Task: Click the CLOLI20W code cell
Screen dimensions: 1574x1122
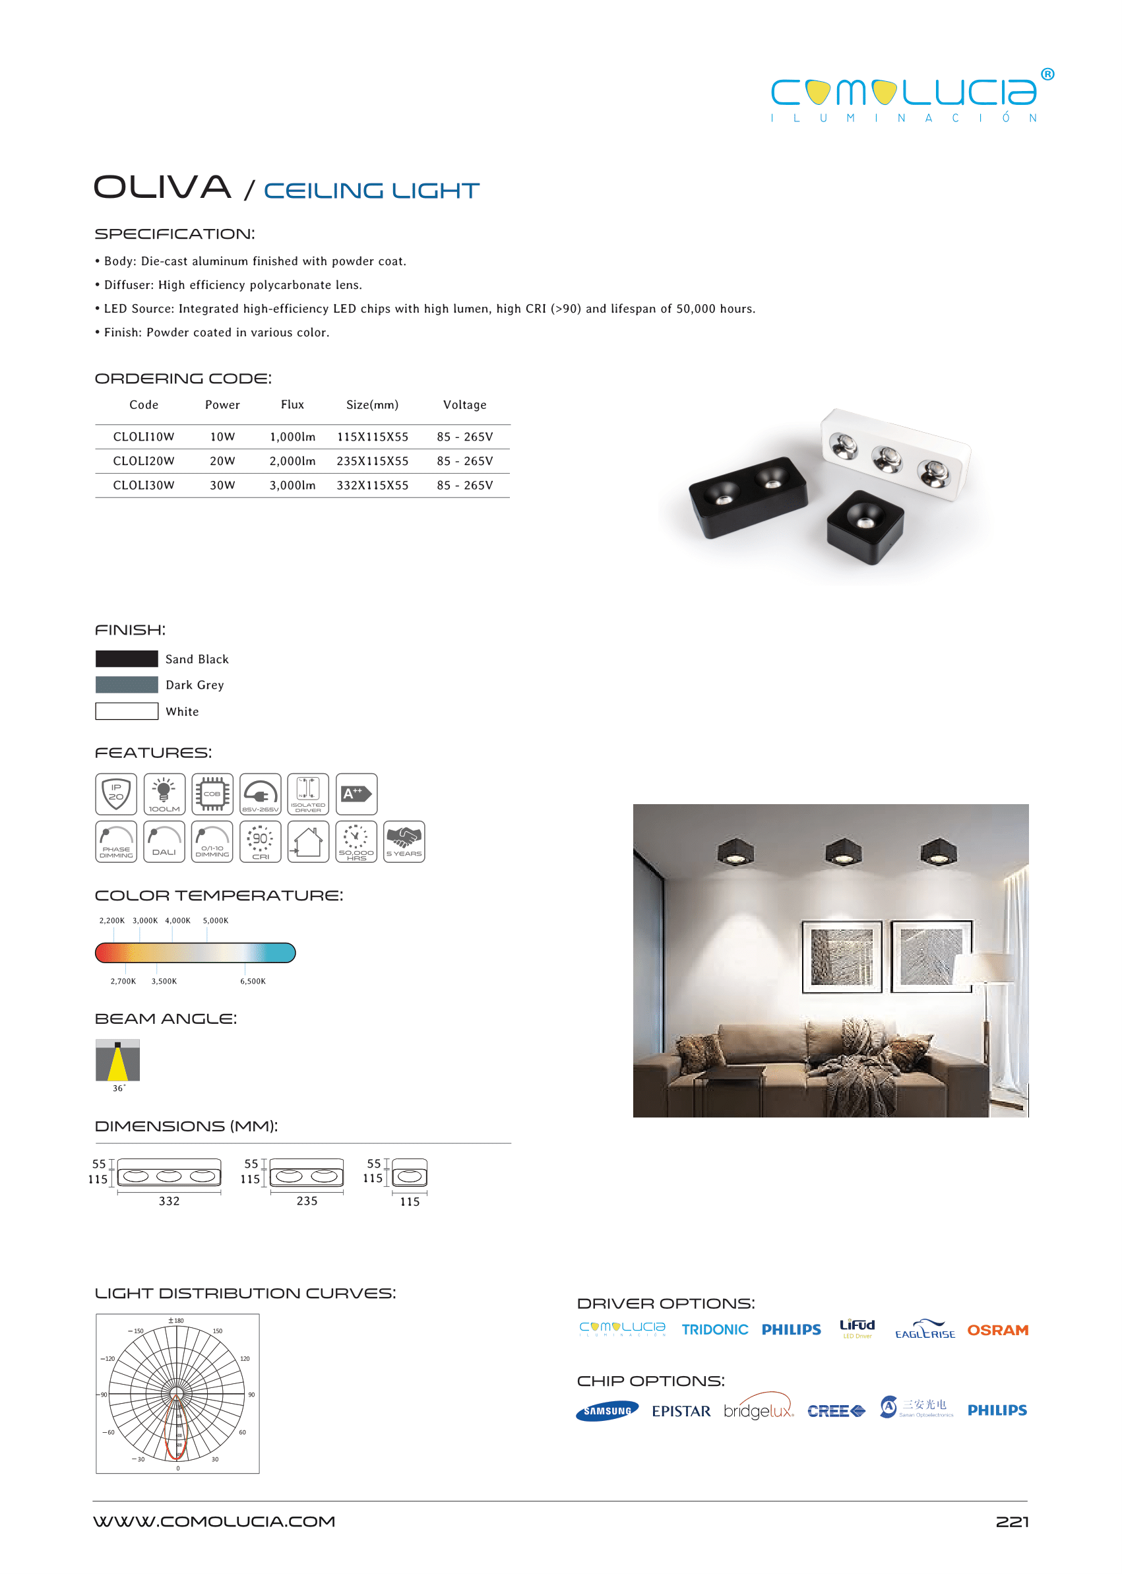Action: click(x=144, y=461)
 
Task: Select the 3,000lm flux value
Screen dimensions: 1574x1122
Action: click(x=292, y=485)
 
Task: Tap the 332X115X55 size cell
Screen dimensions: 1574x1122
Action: click(x=373, y=485)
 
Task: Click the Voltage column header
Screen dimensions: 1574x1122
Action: click(x=464, y=405)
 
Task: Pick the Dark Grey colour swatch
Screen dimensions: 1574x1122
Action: click(x=127, y=685)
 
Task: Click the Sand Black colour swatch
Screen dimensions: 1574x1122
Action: click(x=127, y=658)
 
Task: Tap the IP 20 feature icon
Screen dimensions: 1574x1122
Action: click(x=116, y=794)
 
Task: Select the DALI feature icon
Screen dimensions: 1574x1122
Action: click(x=164, y=842)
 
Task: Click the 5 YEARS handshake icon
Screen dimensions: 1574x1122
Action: click(x=404, y=842)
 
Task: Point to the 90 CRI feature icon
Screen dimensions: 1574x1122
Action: click(x=261, y=842)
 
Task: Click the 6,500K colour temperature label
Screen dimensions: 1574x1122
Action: click(x=253, y=981)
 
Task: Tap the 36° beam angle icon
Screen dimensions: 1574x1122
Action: click(x=117, y=1060)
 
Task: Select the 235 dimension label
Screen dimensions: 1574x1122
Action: click(x=307, y=1201)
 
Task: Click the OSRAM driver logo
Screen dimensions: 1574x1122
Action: click(x=997, y=1330)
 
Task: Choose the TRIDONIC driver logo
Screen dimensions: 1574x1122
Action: click(x=714, y=1329)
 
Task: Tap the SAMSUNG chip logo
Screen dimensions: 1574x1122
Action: click(x=607, y=1411)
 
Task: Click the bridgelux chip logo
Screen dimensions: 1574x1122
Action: click(x=758, y=1410)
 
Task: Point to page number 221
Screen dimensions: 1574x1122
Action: click(x=1011, y=1522)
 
